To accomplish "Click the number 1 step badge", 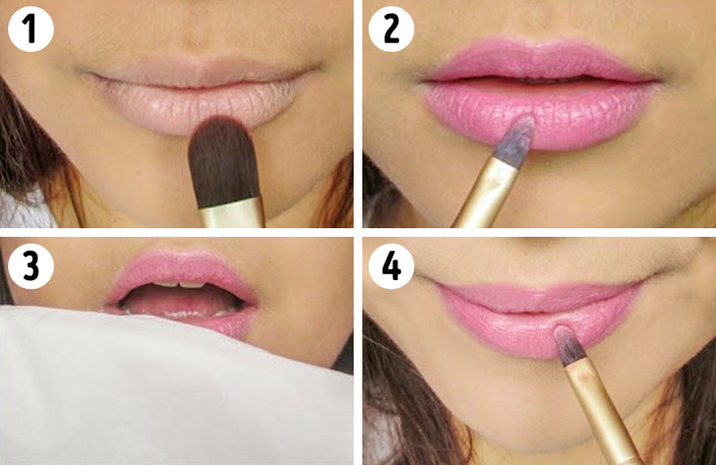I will click(30, 30).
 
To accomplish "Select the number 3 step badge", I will click(30, 267).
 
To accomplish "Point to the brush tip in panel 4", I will click(567, 341).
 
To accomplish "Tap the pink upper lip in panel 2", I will click(536, 61).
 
